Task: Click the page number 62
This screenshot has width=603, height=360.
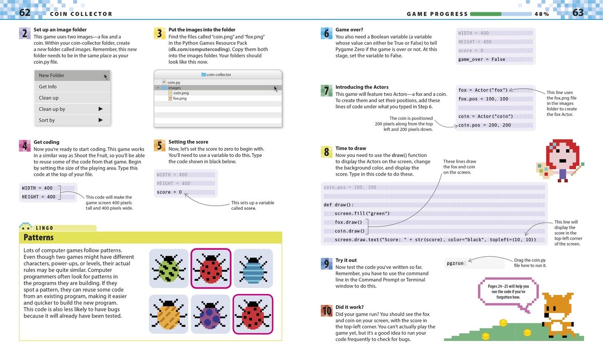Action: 24,13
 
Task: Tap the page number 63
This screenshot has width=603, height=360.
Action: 578,13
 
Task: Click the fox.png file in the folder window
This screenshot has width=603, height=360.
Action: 179,99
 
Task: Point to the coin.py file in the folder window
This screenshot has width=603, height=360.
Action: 174,83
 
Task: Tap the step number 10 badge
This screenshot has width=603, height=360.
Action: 326,311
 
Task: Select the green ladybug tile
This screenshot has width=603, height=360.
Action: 169,268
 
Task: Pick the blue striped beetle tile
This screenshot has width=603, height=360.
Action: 253,268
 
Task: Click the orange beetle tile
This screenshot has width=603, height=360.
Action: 169,314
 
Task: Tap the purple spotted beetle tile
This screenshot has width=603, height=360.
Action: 211,314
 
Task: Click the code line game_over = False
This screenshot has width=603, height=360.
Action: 481,60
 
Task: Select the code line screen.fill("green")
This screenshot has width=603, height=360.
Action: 362,213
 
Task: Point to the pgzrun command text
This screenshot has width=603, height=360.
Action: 454,263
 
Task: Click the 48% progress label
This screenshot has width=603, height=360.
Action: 542,14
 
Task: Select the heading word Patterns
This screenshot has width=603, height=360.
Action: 38,237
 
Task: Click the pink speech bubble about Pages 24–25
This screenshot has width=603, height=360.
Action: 508,292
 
